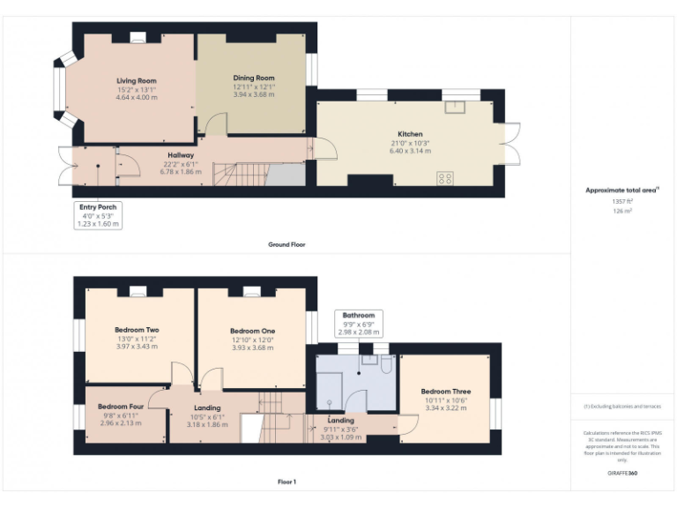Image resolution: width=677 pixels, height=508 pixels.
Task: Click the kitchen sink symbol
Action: pyautogui.click(x=456, y=108)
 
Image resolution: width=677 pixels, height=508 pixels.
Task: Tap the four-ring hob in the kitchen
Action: pyautogui.click(x=445, y=178)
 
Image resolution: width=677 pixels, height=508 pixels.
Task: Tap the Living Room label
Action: pyautogui.click(x=137, y=80)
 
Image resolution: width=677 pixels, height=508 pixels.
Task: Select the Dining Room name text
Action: pyautogui.click(x=254, y=78)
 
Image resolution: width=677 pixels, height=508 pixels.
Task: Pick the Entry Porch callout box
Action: pyautogui.click(x=98, y=215)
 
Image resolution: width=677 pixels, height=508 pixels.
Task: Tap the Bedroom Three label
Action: pyautogui.click(x=445, y=392)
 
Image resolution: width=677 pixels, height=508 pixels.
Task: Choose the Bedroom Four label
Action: pyautogui.click(x=121, y=407)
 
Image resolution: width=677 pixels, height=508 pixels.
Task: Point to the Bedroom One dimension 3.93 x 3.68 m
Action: pyautogui.click(x=253, y=347)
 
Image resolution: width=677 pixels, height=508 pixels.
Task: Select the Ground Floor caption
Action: pyautogui.click(x=286, y=243)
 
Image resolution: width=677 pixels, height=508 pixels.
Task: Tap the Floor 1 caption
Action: pyautogui.click(x=286, y=482)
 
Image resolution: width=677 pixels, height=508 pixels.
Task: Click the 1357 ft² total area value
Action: pyautogui.click(x=622, y=201)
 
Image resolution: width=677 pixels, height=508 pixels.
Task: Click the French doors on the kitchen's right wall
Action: pyautogui.click(x=511, y=143)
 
